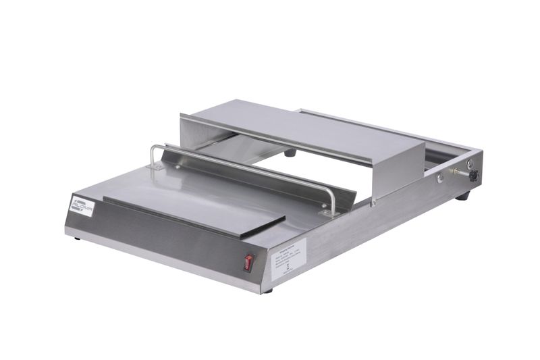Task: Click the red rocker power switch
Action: pyautogui.click(x=248, y=262)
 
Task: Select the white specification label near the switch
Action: pyautogui.click(x=288, y=257)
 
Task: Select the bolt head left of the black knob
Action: pyautogui.click(x=440, y=178)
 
